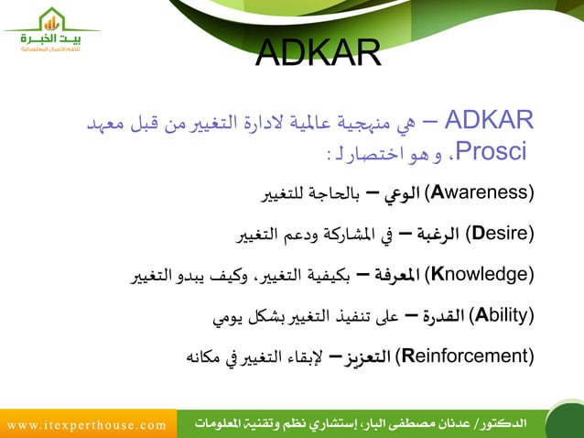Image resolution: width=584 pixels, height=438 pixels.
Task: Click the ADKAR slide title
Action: [x=318, y=54]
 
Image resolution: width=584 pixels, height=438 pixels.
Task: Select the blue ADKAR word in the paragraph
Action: [x=493, y=120]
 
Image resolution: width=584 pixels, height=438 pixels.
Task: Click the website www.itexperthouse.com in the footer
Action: [x=88, y=424]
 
